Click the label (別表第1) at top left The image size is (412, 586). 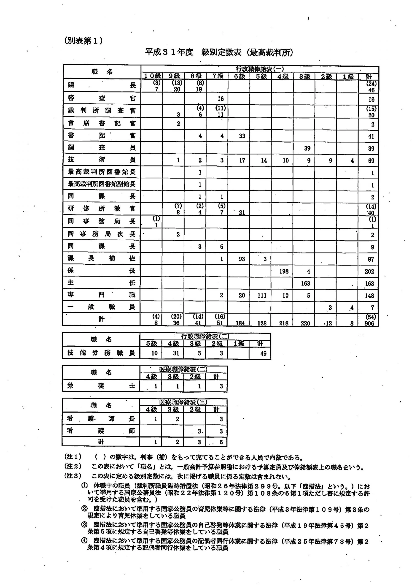click(x=84, y=41)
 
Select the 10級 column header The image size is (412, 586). click(x=152, y=76)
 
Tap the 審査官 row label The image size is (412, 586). click(x=102, y=98)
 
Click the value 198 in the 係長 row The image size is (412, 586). click(x=284, y=271)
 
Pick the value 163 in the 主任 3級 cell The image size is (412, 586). click(x=305, y=283)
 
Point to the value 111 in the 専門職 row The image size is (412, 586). click(x=262, y=296)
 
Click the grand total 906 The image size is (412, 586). click(x=369, y=323)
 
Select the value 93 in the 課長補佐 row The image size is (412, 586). click(x=242, y=259)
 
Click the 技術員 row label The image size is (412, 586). click(x=102, y=160)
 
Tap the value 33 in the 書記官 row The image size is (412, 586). click(x=242, y=136)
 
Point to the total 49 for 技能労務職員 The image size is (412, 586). click(x=263, y=353)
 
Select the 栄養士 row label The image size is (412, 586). click(x=101, y=386)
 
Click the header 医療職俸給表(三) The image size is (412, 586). click(x=183, y=402)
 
